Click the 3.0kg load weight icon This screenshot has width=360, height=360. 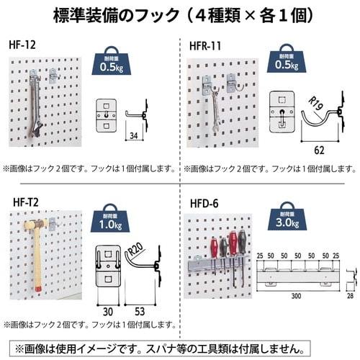click(287, 219)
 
